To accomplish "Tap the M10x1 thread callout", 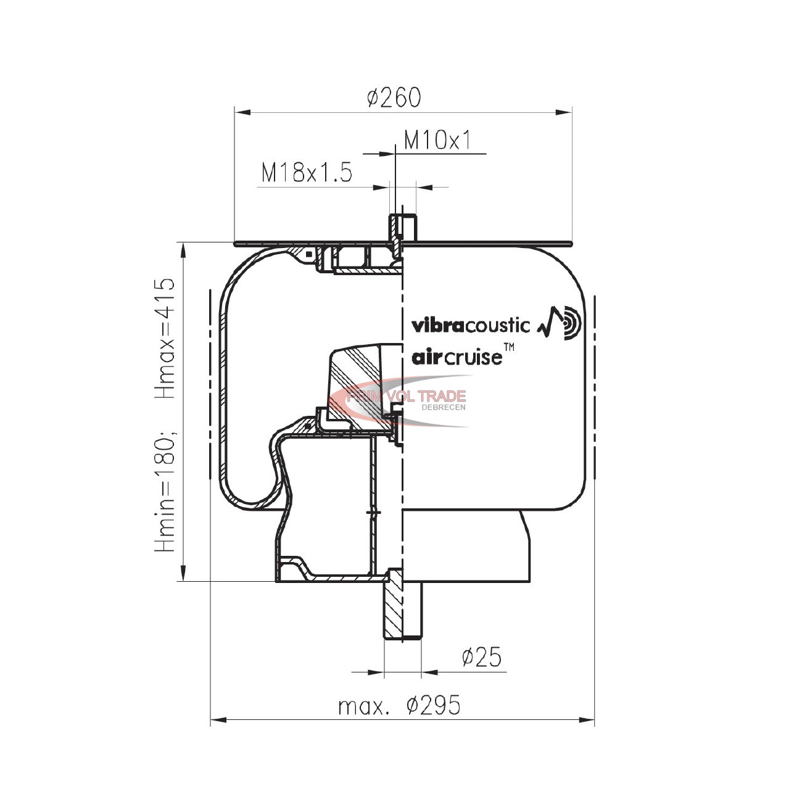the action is (437, 140).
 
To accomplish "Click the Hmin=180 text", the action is (166, 492).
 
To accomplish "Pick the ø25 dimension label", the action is (482, 657).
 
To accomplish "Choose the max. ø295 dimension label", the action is (400, 706).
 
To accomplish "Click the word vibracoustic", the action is (471, 326).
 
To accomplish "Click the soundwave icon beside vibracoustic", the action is (560, 323).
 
